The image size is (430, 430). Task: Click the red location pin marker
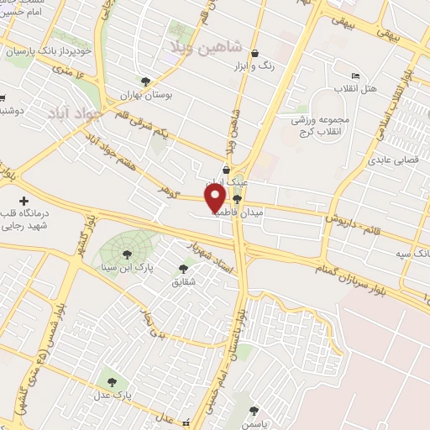(x=216, y=198)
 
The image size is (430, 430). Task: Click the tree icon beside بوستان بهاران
(x=146, y=81)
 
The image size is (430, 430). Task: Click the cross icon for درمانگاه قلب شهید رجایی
(x=24, y=201)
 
